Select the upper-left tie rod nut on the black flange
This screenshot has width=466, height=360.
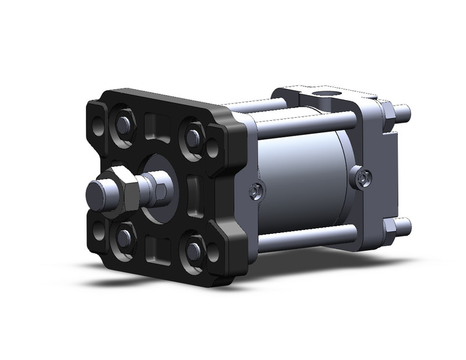pyautogui.click(x=123, y=125)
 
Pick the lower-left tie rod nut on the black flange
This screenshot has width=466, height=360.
pyautogui.click(x=124, y=236)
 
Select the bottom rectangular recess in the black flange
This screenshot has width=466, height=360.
pyautogui.click(x=158, y=248)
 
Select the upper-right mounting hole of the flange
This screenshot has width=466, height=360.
pyautogui.click(x=213, y=147)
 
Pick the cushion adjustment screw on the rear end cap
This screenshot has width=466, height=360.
pyautogui.click(x=362, y=178)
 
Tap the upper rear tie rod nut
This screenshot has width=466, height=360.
pyautogui.click(x=388, y=111)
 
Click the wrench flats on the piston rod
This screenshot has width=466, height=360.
pyautogui.click(x=161, y=188)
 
